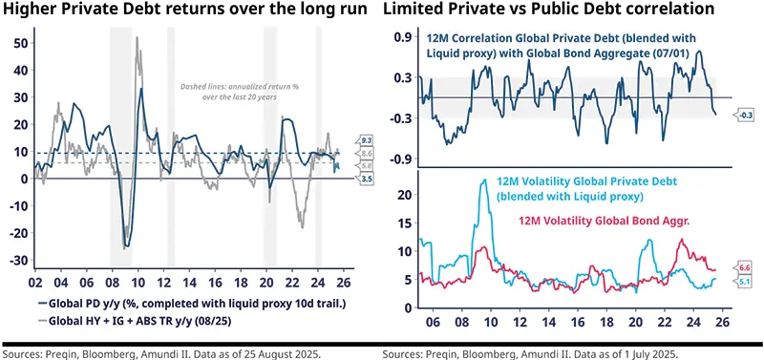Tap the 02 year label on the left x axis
(35, 284)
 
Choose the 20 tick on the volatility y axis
(403, 194)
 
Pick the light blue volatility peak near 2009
(485, 180)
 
